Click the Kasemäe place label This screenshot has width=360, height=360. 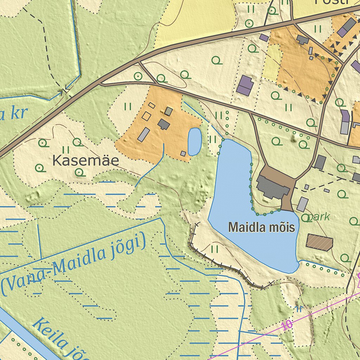pyautogui.click(x=85, y=161)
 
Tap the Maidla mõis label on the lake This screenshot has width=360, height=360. pyautogui.click(x=261, y=227)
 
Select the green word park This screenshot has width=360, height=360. pyautogui.click(x=319, y=217)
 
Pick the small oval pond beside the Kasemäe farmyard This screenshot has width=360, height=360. pyautogui.click(x=194, y=142)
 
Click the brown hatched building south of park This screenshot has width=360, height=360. pyautogui.click(x=319, y=242)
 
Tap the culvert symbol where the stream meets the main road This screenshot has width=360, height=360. pyautogui.click(x=65, y=91)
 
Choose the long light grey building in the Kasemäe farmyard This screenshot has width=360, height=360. pyautogui.click(x=143, y=135)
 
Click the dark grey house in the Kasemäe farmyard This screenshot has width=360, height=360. pyautogui.click(x=163, y=124)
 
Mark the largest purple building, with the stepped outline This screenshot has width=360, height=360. pyautogui.click(x=245, y=85)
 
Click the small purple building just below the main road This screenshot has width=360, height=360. pyautogui.click(x=264, y=38)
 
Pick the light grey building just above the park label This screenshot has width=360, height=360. pyautogui.click(x=302, y=204)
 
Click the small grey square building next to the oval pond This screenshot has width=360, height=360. pyautogui.click(x=183, y=154)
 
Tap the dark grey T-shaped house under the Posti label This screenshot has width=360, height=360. pyautogui.click(x=302, y=39)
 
